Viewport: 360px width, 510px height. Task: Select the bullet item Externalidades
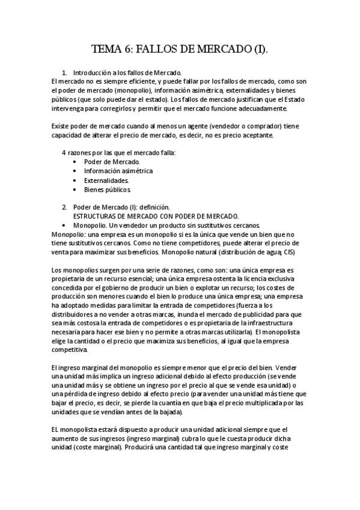[x=106, y=180]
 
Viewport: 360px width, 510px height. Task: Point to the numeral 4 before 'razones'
[x=64, y=153]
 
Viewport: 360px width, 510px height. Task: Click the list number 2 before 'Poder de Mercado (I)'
[x=64, y=207]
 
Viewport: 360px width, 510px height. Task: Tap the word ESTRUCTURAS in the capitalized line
[x=99, y=216]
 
